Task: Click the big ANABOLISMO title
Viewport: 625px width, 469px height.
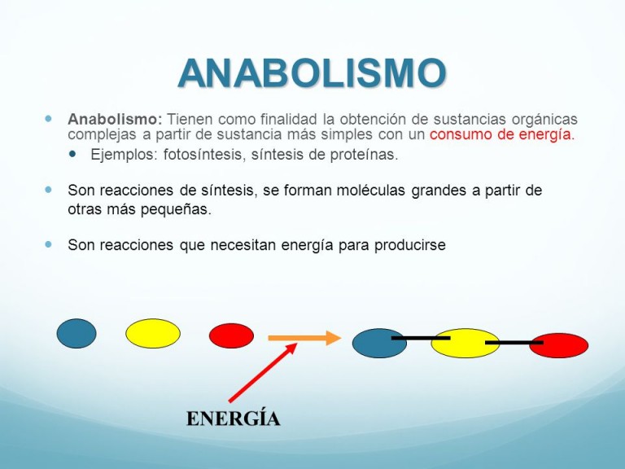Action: pyautogui.click(x=312, y=73)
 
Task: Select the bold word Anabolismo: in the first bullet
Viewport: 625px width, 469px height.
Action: pyautogui.click(x=116, y=119)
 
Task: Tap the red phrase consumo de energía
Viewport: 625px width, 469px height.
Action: pyautogui.click(x=502, y=135)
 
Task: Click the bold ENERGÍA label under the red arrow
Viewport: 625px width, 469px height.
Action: pyautogui.click(x=234, y=419)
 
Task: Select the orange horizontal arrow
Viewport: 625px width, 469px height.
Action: pyautogui.click(x=304, y=338)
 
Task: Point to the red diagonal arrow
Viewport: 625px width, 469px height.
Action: pyautogui.click(x=263, y=372)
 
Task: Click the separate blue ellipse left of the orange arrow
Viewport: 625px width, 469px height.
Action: pyautogui.click(x=76, y=333)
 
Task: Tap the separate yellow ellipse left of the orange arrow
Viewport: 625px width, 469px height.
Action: pyautogui.click(x=153, y=333)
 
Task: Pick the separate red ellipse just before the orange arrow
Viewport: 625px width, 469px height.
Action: pyautogui.click(x=232, y=335)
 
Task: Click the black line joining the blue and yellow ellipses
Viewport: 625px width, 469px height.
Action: pyautogui.click(x=421, y=338)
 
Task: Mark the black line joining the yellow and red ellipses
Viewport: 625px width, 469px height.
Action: pyautogui.click(x=514, y=343)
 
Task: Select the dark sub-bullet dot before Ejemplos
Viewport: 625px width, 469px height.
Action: pyautogui.click(x=72, y=154)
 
